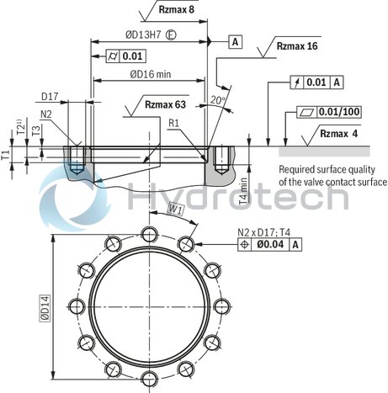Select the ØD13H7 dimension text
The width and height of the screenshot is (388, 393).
click(x=127, y=35)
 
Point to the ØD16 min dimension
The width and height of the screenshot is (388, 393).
click(x=150, y=74)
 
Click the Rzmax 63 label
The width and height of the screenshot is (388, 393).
click(x=166, y=105)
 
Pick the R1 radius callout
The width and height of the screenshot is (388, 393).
click(x=173, y=123)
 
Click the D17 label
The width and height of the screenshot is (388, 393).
click(x=72, y=97)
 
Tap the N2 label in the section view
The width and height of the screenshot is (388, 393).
click(x=47, y=113)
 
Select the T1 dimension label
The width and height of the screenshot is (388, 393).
click(x=7, y=156)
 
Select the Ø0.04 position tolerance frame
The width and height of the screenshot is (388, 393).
click(x=270, y=244)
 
